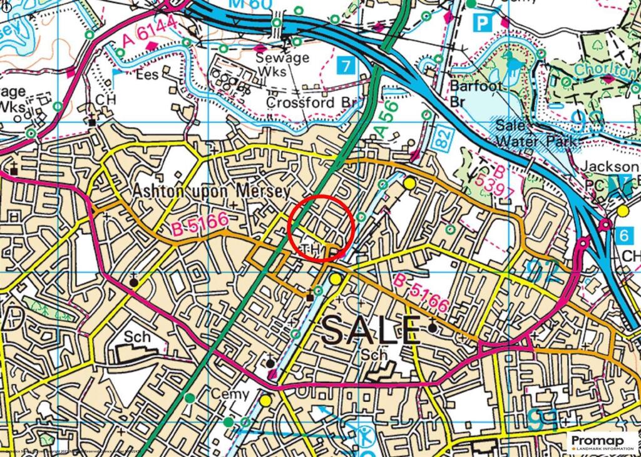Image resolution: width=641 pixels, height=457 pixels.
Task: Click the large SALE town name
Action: (371, 330)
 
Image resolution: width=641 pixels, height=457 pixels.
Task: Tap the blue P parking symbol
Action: (481, 24)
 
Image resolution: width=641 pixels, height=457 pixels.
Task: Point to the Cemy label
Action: (231, 394)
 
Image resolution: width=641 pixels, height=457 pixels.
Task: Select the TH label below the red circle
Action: (311, 250)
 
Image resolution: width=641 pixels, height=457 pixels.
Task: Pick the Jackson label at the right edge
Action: (610, 167)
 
